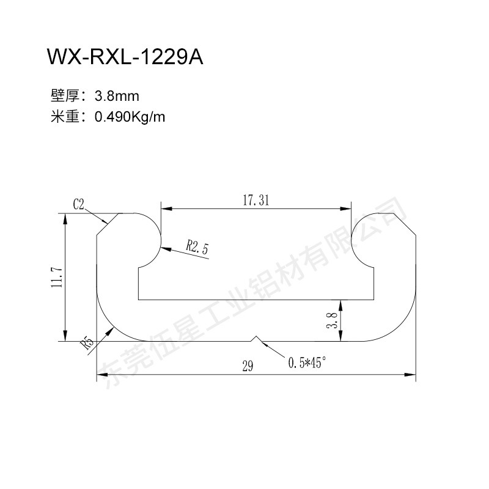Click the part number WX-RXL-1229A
125,56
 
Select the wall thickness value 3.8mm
117,96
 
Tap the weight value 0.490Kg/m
130,117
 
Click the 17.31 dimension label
256,200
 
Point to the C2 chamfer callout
79,204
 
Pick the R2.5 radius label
197,248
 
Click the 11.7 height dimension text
57,278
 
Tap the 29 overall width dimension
248,366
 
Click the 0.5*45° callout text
307,362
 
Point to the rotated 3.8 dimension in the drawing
332,320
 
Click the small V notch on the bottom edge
256,339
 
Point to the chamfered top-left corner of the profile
108,224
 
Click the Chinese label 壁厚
65,96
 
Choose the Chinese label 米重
65,117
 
